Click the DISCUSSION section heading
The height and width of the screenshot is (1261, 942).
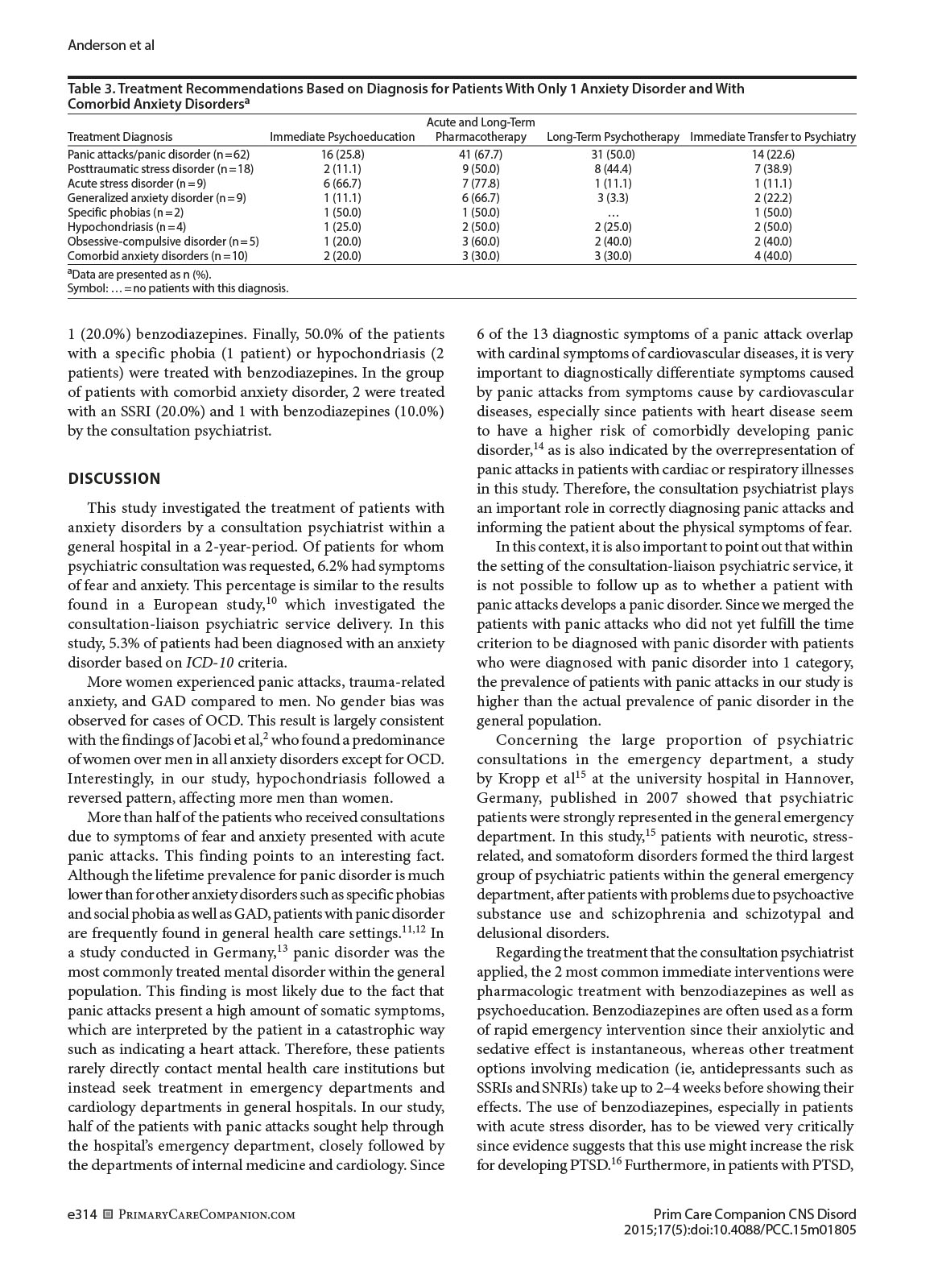[x=114, y=479]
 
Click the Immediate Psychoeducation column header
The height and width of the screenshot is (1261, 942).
[x=342, y=137]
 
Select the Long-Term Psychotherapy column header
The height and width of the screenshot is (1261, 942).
[x=613, y=137]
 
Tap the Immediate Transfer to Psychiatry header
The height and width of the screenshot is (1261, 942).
[x=772, y=137]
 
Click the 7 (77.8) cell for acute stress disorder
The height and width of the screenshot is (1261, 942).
[x=481, y=184]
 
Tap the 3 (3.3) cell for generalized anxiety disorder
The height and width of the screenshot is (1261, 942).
[x=613, y=198]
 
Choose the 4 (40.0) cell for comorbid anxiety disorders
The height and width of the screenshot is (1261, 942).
[x=772, y=256]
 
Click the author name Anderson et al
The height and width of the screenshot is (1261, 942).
[x=111, y=45]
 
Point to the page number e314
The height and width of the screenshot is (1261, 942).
[x=82, y=1215]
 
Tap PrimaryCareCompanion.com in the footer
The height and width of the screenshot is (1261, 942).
[x=207, y=1215]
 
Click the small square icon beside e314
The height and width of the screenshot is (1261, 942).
[x=108, y=1215]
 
